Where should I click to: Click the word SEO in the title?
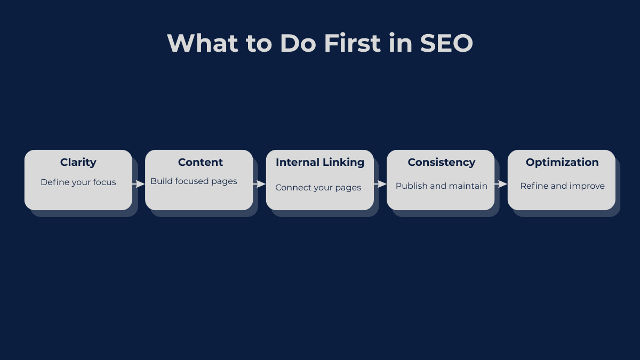(446, 43)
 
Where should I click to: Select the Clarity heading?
(78, 162)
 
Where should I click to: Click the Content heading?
(201, 162)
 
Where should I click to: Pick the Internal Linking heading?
(320, 162)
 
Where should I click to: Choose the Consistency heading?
(441, 162)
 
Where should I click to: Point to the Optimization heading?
(562, 162)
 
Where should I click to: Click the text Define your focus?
(78, 182)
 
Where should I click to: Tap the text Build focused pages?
(194, 181)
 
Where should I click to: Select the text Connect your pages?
(318, 188)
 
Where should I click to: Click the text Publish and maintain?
(442, 186)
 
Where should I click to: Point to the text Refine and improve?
(562, 186)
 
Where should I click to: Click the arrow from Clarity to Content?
(139, 184)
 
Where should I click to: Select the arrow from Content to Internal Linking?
(260, 184)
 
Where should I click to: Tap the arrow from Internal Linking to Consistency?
(380, 184)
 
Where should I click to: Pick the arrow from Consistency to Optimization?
(501, 184)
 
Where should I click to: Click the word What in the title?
(202, 43)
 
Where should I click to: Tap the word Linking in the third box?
(343, 162)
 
